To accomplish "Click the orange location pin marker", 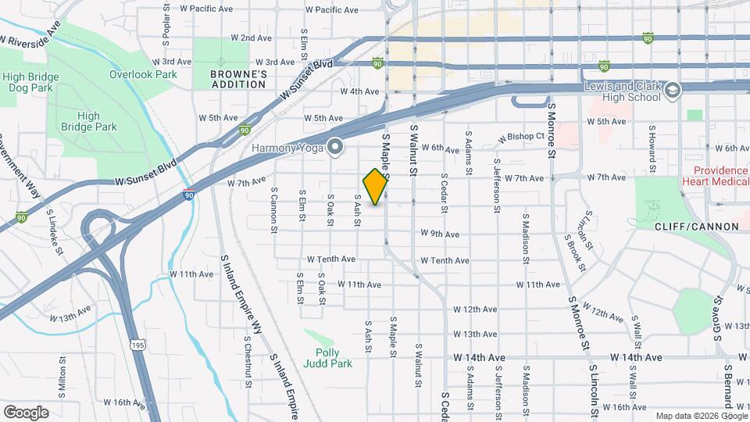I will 375,187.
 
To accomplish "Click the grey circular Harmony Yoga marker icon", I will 336,146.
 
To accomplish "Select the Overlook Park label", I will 143,74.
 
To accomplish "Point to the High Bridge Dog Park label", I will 27,82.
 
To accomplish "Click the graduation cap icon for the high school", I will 672,91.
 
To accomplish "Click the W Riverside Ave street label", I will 31,36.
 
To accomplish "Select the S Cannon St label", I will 274,209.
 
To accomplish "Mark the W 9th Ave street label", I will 439,234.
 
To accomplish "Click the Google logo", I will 26,412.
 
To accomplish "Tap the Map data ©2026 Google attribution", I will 700,416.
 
